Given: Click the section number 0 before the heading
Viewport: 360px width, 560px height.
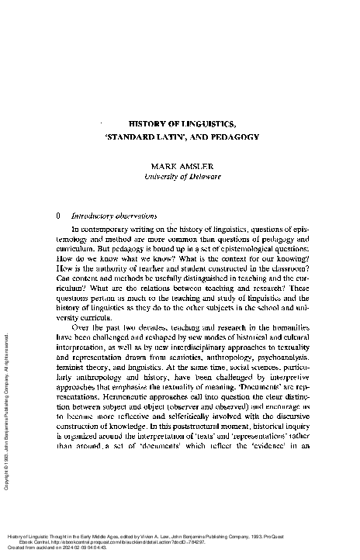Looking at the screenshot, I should point(50,216).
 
